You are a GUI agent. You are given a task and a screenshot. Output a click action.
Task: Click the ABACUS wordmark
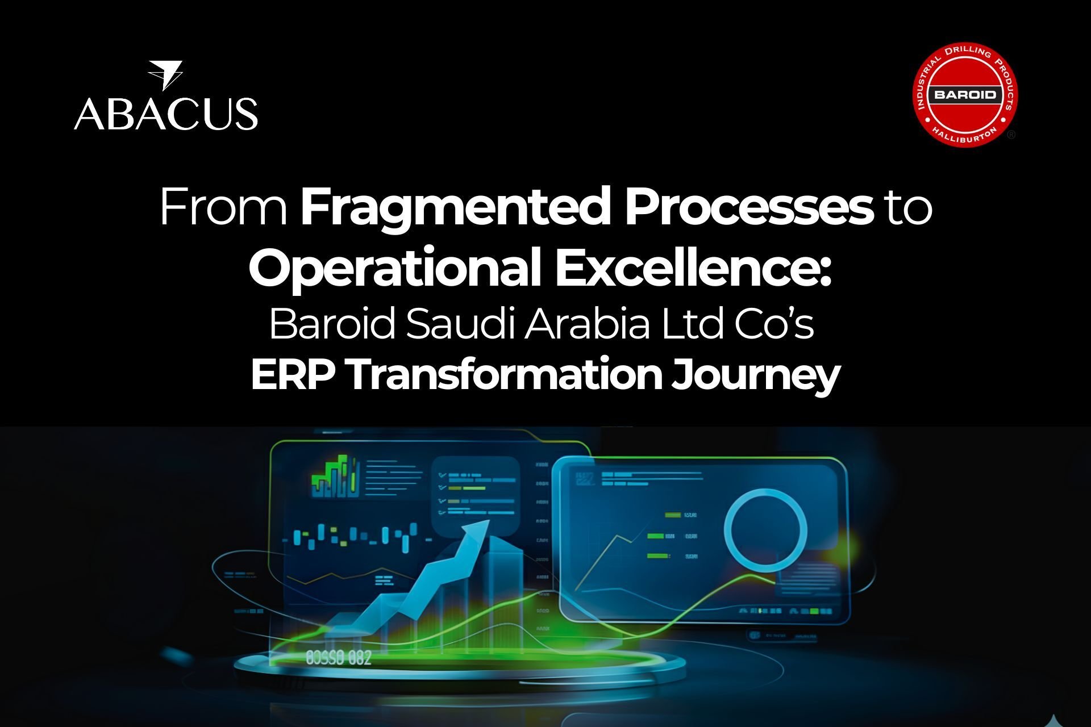tap(165, 113)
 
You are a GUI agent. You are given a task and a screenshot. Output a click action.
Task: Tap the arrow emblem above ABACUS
tap(165, 75)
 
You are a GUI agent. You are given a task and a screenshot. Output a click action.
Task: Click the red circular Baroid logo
tap(965, 94)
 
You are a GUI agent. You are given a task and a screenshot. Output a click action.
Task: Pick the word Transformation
tap(503, 375)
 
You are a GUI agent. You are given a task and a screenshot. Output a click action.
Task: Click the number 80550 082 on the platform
tap(339, 658)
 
